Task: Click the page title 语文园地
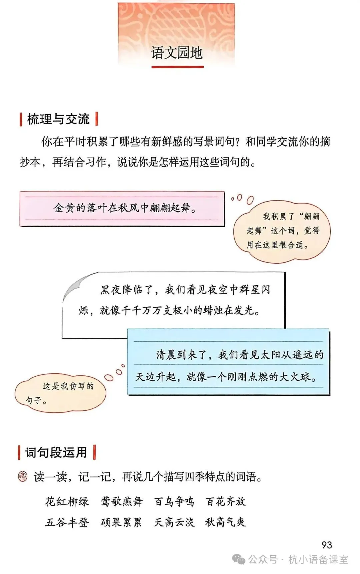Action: [x=177, y=53]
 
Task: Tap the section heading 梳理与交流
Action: [x=58, y=119]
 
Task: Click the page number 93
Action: [x=327, y=545]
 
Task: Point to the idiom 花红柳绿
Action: [x=67, y=501]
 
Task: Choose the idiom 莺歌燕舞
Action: [x=122, y=501]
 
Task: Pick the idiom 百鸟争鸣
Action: [x=174, y=501]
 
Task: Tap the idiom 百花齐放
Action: [x=226, y=501]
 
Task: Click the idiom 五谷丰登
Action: [x=67, y=522]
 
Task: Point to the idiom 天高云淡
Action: [x=174, y=522]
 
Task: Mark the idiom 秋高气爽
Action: [x=226, y=522]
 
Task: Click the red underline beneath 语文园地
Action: [x=177, y=67]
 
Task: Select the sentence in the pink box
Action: [x=125, y=208]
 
